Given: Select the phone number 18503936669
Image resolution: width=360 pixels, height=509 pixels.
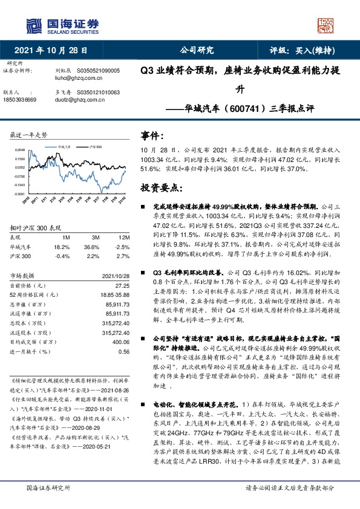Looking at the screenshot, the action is tap(20, 99).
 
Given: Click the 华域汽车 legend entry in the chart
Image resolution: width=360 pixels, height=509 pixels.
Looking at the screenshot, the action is tap(65, 146).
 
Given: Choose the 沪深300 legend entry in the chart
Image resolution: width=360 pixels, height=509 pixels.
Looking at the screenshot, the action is tap(96, 146).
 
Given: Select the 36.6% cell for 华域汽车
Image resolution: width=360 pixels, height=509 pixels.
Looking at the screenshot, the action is tap(91, 246).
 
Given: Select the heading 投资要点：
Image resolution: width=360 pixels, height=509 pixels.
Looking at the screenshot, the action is tap(162, 188).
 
